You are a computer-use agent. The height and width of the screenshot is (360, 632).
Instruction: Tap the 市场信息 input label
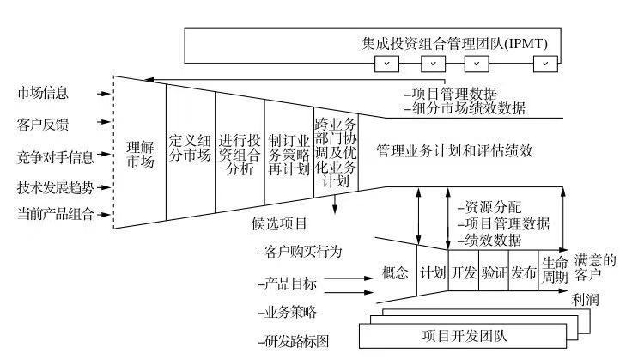pyautogui.click(x=43, y=91)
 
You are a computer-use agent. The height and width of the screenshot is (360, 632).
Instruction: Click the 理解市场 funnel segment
pyautogui.click(x=140, y=152)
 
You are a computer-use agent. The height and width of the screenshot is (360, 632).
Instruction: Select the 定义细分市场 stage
pyautogui.click(x=190, y=151)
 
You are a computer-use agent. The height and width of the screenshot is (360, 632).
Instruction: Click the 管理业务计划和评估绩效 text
pyautogui.click(x=455, y=149)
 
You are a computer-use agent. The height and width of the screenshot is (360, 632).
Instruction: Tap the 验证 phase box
pyautogui.click(x=494, y=273)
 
